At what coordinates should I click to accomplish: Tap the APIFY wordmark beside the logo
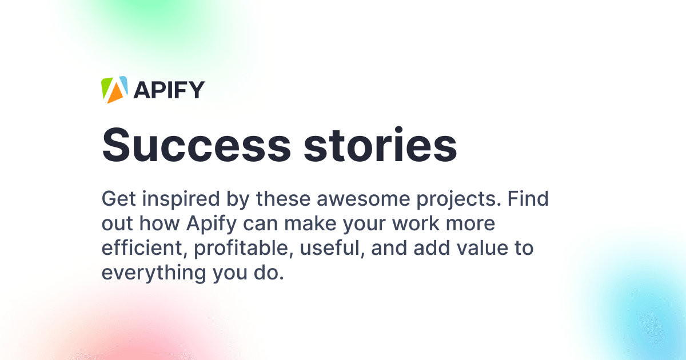[x=169, y=90]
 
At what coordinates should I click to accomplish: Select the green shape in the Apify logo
[x=107, y=85]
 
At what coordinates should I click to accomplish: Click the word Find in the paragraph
[x=528, y=199]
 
